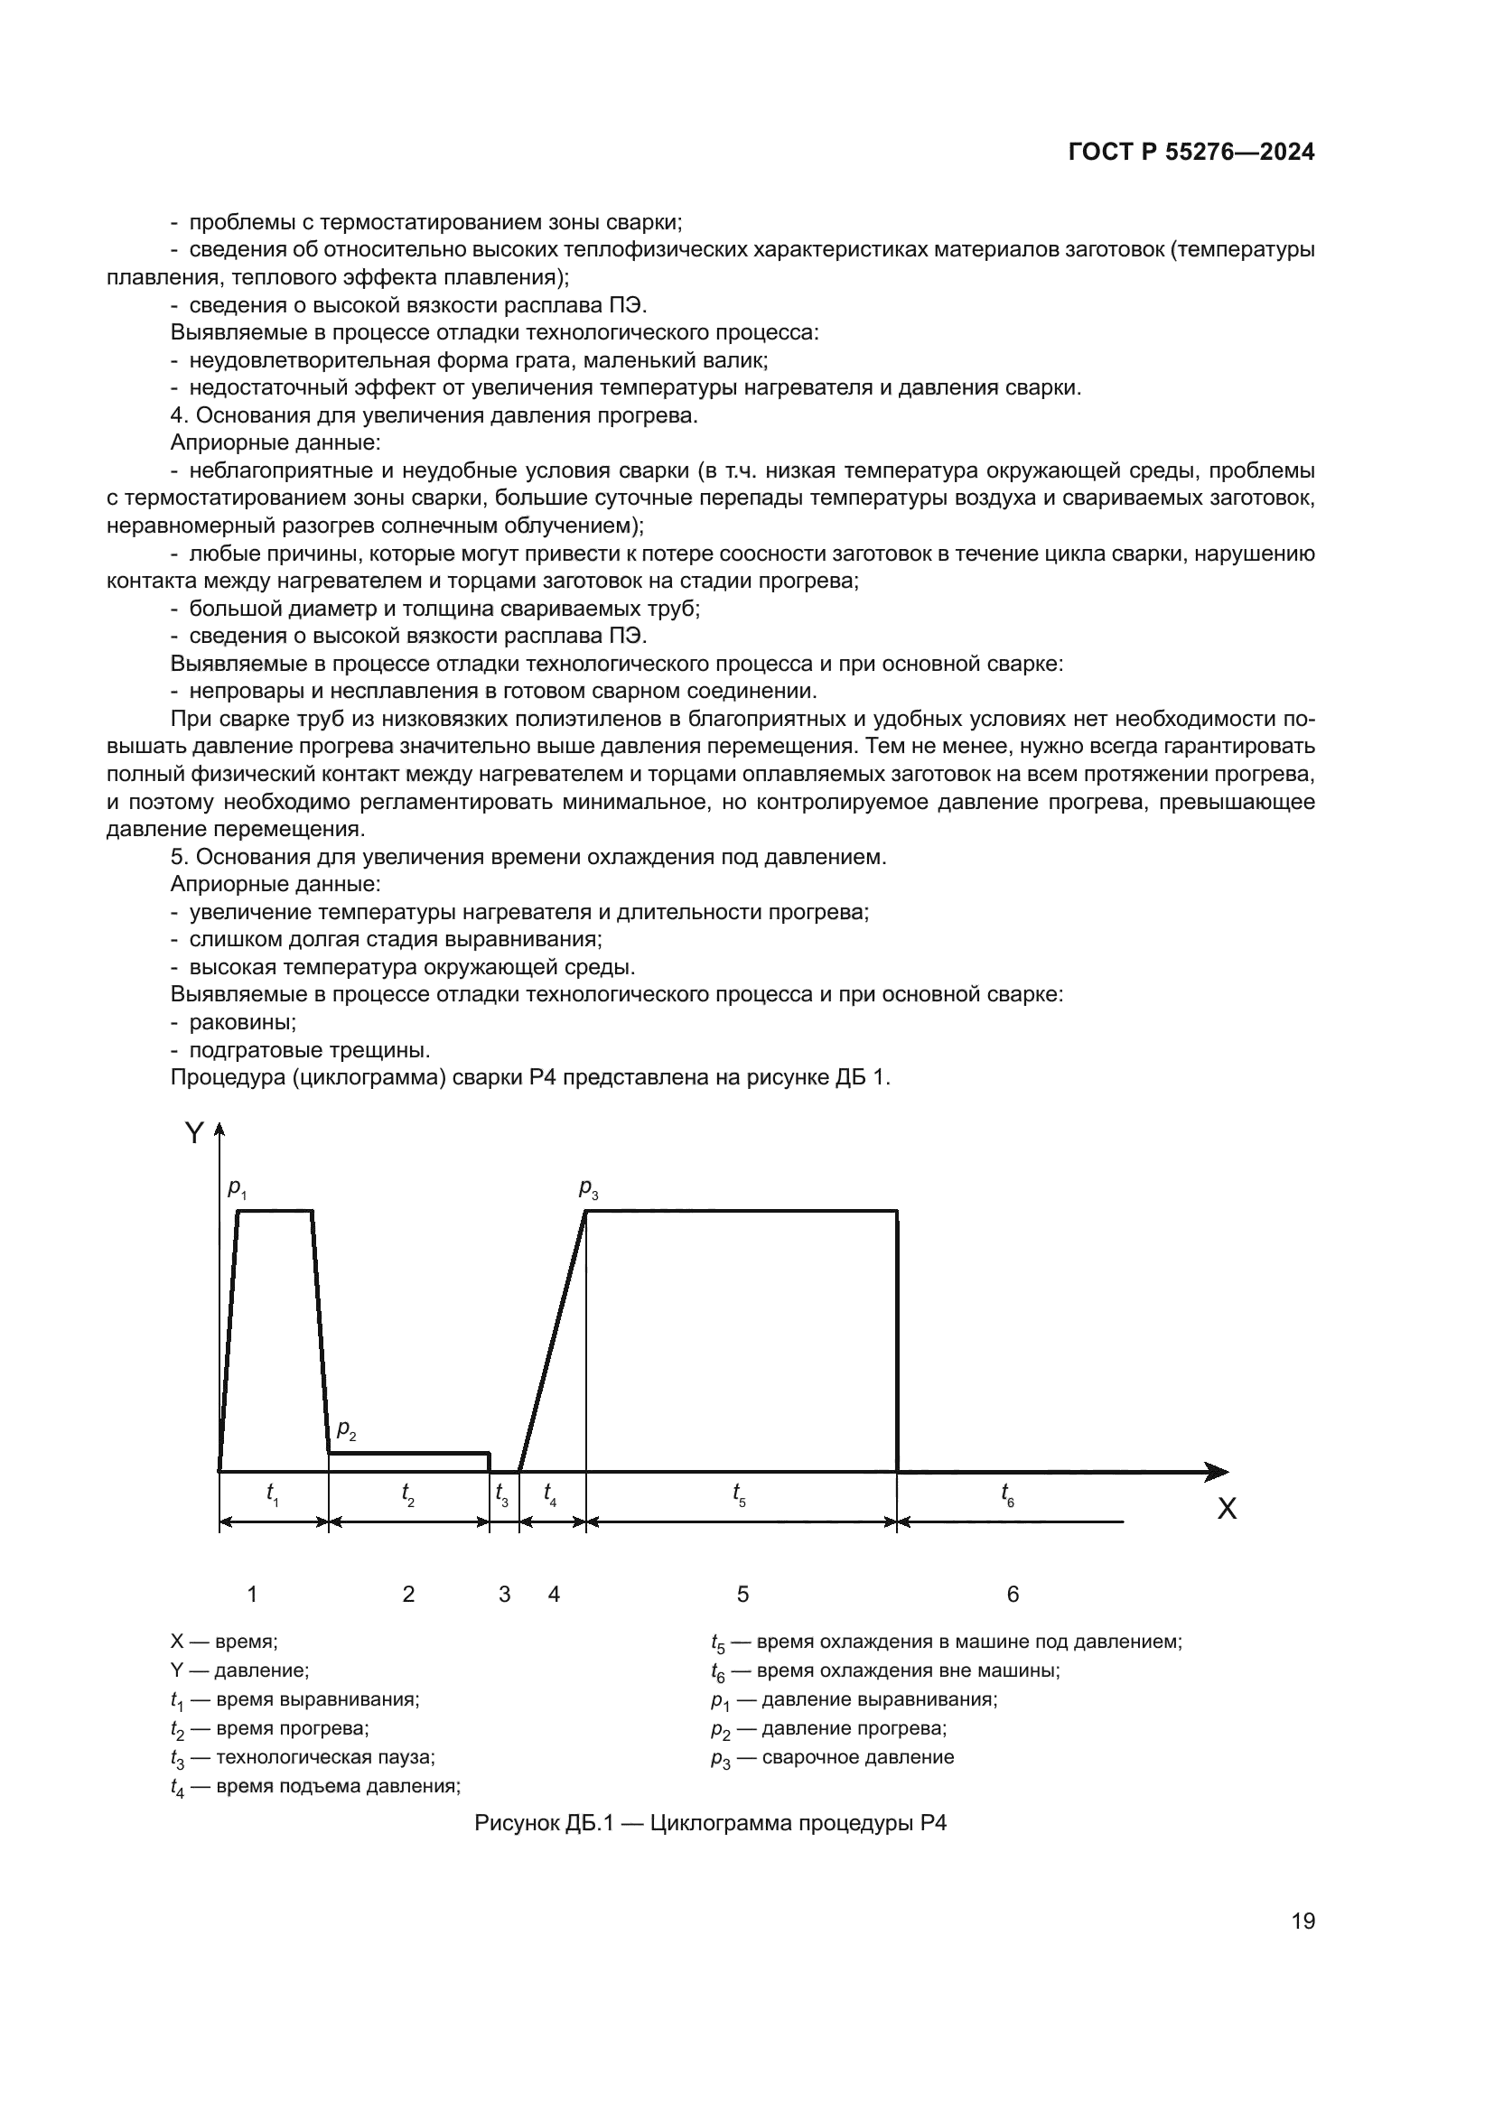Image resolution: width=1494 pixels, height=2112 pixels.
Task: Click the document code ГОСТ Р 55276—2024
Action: coord(1191,153)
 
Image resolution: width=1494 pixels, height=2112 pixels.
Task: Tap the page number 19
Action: coord(1303,1921)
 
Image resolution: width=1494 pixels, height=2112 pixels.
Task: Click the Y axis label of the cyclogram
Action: coord(194,1133)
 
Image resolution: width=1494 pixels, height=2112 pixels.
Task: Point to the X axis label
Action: coord(1227,1509)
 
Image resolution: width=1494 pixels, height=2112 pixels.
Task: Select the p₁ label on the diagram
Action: coord(237,1189)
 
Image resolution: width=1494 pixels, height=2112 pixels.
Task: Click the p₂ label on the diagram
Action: coord(346,1429)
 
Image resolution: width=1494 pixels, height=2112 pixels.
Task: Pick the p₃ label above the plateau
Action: coord(589,1188)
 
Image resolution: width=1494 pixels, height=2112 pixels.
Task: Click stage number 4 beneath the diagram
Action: coord(554,1594)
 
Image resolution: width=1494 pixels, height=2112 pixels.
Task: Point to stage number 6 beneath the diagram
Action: coord(1013,1594)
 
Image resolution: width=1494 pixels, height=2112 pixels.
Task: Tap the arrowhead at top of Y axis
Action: coord(219,1130)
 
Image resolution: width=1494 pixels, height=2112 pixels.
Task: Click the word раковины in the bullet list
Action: coord(243,1022)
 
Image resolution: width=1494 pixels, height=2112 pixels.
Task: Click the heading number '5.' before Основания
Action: coord(180,857)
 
